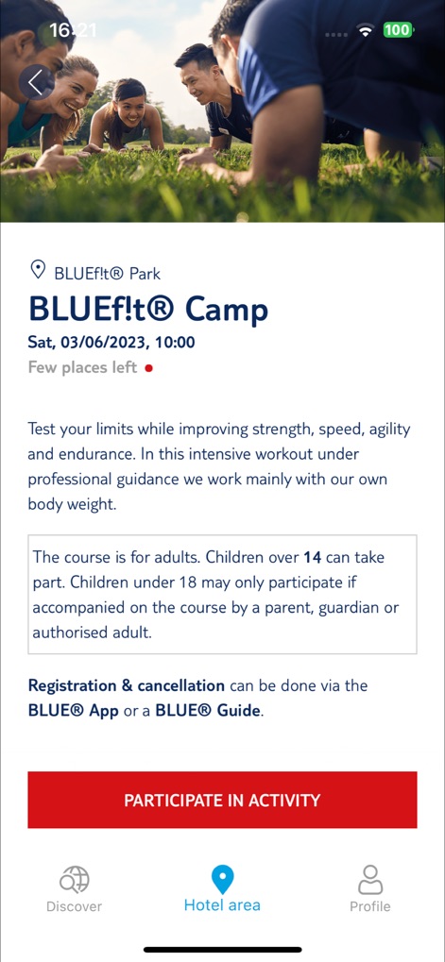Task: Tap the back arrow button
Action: (36, 82)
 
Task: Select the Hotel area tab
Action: (222, 890)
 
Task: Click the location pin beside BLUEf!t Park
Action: (38, 271)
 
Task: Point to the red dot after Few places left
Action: (149, 368)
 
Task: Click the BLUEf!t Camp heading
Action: (148, 309)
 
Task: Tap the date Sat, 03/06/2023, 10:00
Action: (111, 343)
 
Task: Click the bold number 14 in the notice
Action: (312, 557)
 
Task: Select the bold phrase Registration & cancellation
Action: (127, 685)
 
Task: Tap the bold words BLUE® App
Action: (74, 711)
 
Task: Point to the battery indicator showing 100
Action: (397, 30)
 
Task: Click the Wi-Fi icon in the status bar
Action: (365, 30)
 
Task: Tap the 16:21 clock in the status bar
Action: (73, 30)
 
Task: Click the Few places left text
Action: (82, 368)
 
